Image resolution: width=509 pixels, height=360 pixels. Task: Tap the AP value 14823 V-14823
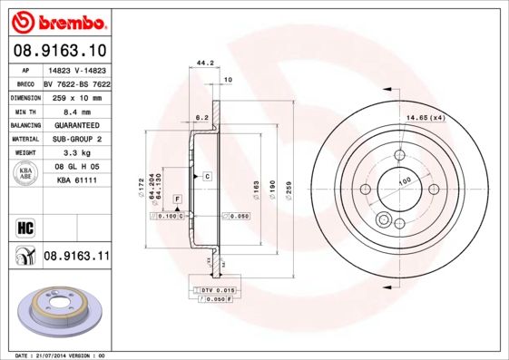coord(76,70)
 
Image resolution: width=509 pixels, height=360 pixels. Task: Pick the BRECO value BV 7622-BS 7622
coord(78,83)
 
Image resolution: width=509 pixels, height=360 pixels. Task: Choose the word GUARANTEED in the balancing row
coord(76,124)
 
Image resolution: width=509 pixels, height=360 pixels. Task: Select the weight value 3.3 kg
coord(69,152)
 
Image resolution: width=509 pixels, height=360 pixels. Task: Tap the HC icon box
coord(24,228)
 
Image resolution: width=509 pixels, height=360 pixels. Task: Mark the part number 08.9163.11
coord(76,258)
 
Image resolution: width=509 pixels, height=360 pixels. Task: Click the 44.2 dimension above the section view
coord(204,63)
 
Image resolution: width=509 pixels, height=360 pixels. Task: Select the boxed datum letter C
coord(207,175)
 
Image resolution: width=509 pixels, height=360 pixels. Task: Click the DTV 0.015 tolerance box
coord(215,288)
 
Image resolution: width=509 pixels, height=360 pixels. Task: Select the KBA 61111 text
coord(76,180)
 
